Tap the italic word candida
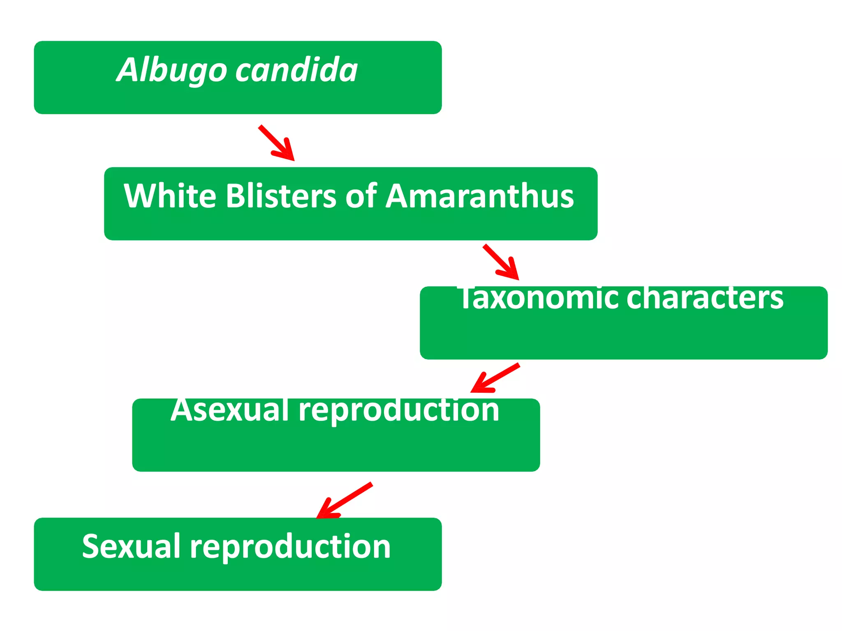point(296,70)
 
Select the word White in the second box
point(170,196)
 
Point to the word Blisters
point(281,196)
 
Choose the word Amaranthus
point(479,196)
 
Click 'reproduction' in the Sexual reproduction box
point(290,547)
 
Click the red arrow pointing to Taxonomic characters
point(502,263)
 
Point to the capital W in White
point(141,196)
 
